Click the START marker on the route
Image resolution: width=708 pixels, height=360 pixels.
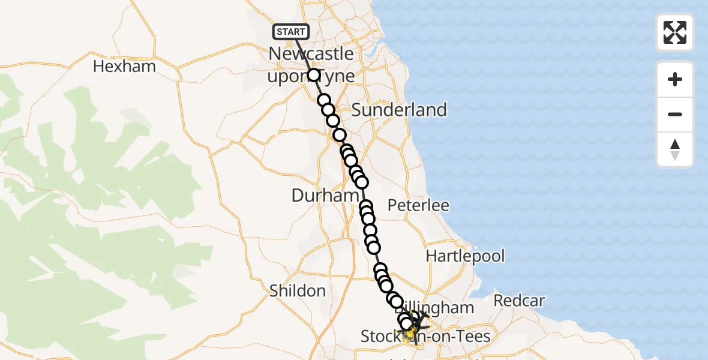[291, 32]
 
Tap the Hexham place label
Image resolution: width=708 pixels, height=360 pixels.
[124, 66]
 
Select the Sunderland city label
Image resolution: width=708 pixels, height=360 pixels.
[399, 110]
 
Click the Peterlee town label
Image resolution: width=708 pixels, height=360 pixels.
[418, 205]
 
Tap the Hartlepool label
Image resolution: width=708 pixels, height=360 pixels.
[465, 256]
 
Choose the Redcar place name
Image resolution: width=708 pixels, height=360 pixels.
[520, 301]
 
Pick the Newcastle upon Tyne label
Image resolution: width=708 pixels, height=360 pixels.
[311, 64]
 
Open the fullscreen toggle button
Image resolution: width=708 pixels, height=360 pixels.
[675, 32]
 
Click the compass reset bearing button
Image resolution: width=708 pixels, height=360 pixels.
[675, 149]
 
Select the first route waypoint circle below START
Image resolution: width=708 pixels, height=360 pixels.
[314, 75]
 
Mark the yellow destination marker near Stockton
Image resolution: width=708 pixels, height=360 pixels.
[409, 332]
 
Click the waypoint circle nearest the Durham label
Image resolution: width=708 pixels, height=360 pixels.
[361, 182]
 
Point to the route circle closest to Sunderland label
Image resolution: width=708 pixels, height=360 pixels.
[340, 135]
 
